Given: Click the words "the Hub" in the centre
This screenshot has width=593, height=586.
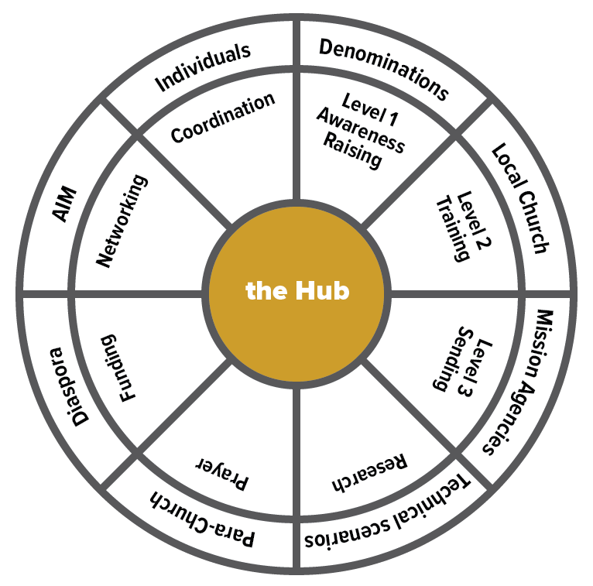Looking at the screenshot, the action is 297,291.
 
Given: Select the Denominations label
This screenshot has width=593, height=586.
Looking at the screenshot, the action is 384,69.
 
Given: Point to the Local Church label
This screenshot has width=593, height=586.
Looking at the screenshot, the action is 521,198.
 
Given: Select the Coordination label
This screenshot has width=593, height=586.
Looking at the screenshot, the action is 223,118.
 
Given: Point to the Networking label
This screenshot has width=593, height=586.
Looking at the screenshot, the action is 121,221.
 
